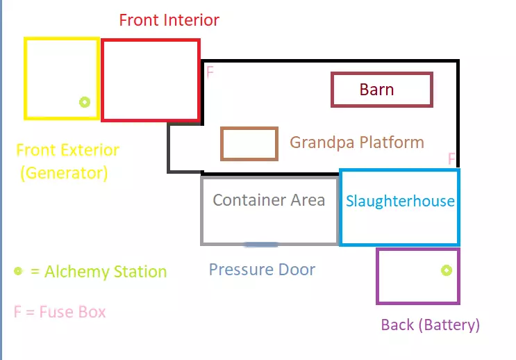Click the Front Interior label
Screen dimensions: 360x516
[x=169, y=20]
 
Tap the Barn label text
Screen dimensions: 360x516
[x=376, y=90]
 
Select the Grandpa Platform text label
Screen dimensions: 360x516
[x=356, y=142]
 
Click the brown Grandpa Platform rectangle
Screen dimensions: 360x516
[x=249, y=144]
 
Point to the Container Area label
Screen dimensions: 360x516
[x=269, y=201]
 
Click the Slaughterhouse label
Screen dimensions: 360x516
[x=400, y=202]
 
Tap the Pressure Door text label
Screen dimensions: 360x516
[x=262, y=270]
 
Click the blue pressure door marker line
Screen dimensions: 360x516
[x=261, y=244]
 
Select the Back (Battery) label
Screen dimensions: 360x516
[x=430, y=325]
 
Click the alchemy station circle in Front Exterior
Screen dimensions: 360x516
[x=85, y=102]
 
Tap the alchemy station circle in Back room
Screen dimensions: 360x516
[x=446, y=270]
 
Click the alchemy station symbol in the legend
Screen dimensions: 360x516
[x=18, y=270]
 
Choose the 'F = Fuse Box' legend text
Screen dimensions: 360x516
[x=60, y=311]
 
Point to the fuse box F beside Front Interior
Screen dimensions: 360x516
[x=210, y=72]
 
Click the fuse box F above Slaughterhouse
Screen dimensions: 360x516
[x=451, y=159]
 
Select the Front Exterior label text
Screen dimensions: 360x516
[x=67, y=150]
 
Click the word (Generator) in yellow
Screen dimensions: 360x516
[x=64, y=173]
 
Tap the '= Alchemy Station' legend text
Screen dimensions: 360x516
[x=99, y=272]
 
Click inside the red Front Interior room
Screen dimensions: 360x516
[x=151, y=80]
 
